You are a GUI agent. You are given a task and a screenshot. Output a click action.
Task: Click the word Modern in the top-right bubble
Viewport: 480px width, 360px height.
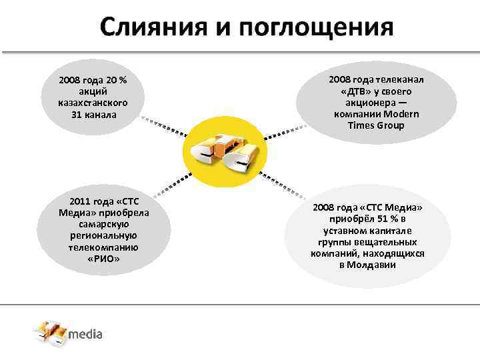[x=403, y=114]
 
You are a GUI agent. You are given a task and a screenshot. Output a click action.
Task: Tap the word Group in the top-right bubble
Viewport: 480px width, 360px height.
[x=390, y=125]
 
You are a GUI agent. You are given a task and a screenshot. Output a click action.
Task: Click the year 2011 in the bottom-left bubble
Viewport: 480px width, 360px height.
[x=80, y=201]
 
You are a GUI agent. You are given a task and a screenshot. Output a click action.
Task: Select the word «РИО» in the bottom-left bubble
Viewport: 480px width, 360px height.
[x=103, y=258]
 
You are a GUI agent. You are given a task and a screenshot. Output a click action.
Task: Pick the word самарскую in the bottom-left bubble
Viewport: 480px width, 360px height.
[x=103, y=224]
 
